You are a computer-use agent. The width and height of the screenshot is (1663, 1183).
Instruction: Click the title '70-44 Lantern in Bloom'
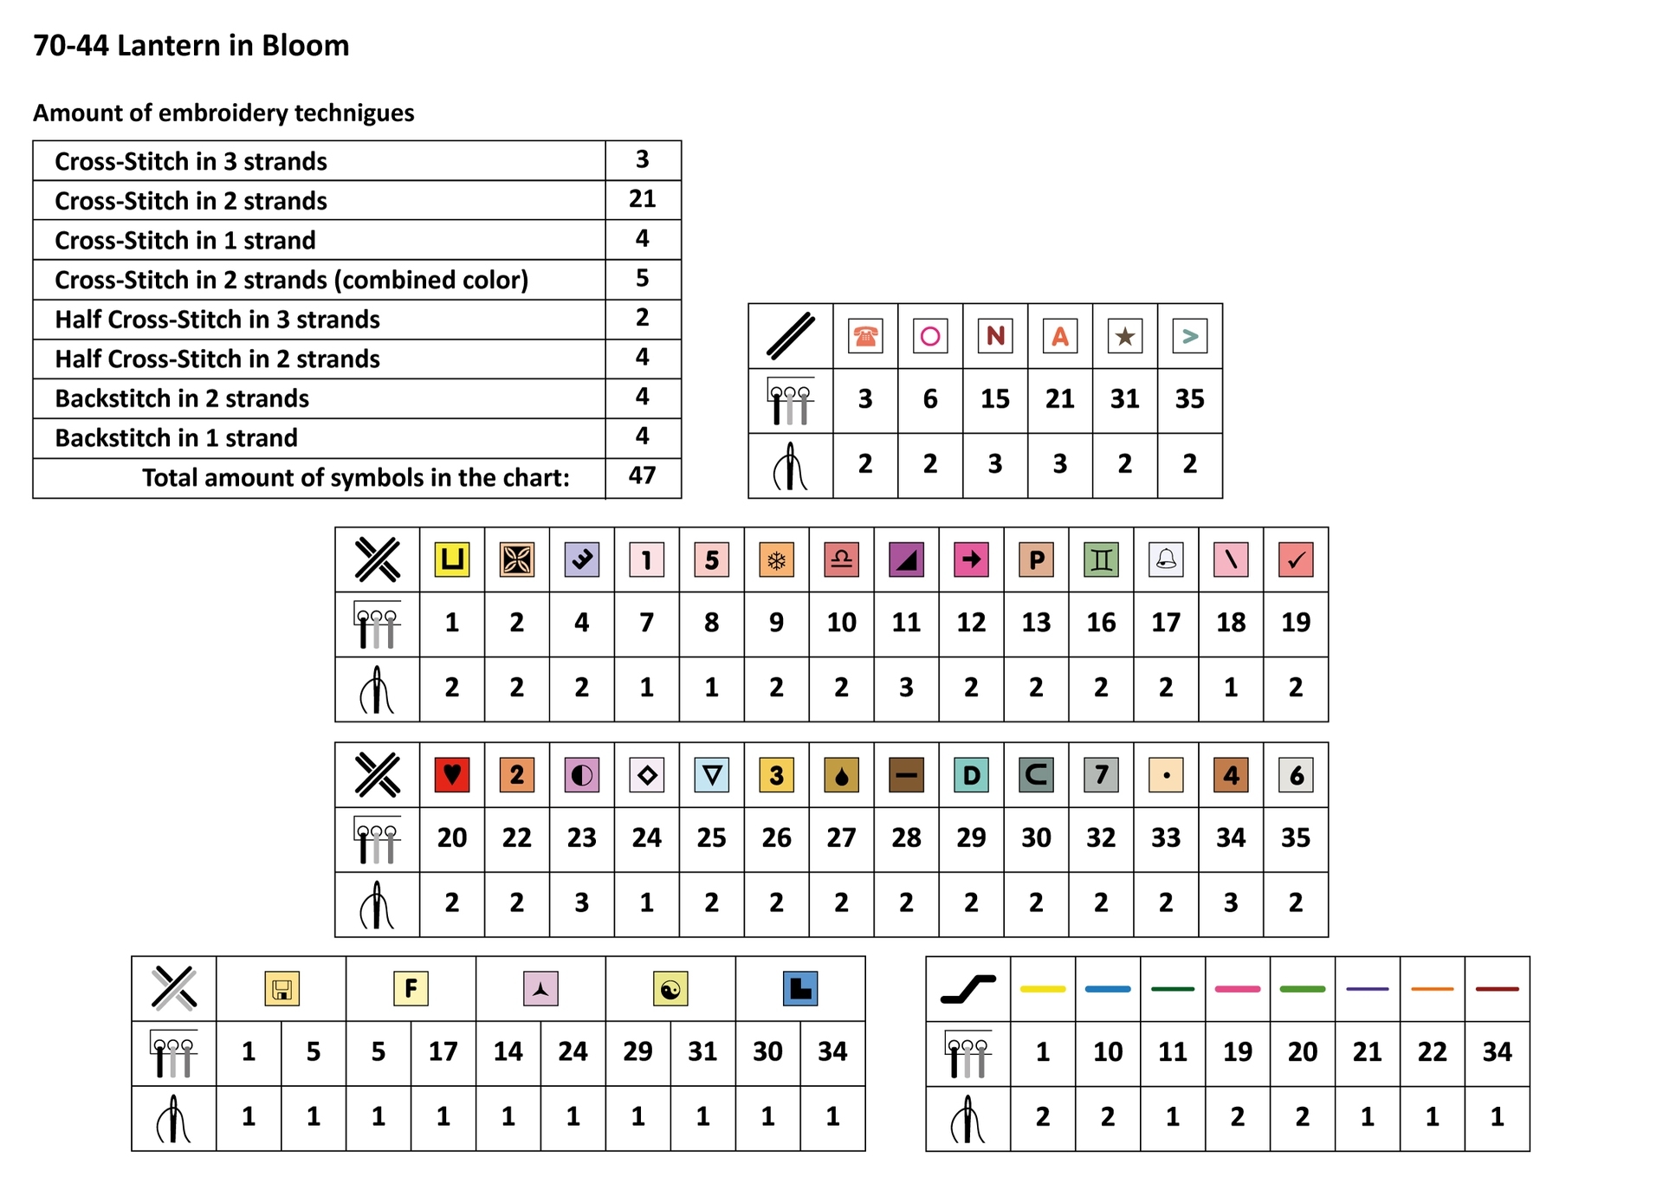coord(191,45)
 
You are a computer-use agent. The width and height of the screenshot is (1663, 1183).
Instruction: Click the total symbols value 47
coord(642,475)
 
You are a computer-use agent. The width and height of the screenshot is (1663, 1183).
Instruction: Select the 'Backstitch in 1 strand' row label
coord(176,438)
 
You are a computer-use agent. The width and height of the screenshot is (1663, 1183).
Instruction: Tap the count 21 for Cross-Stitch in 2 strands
coord(642,199)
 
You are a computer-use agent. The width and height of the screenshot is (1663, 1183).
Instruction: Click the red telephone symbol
coord(864,336)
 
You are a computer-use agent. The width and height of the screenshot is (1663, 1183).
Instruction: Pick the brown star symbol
coord(1124,336)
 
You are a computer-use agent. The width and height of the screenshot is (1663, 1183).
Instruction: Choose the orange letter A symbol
coord(1059,336)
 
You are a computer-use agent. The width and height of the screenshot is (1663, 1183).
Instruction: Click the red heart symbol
coord(451,774)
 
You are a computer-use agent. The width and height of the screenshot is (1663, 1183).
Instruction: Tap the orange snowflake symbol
coord(776,559)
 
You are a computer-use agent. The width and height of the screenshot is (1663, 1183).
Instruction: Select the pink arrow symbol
coord(971,559)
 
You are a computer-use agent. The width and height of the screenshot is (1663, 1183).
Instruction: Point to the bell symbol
coord(1166,559)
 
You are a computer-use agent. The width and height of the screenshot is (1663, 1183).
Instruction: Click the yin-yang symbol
coord(670,989)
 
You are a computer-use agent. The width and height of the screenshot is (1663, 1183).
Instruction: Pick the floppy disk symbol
coord(281,989)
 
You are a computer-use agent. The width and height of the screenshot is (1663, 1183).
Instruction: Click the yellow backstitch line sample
coord(1043,989)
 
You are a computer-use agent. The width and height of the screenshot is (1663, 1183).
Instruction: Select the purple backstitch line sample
coord(1368,989)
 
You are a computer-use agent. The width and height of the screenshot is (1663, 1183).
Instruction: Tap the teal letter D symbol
coord(971,774)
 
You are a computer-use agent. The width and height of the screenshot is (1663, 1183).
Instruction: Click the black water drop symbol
coord(841,774)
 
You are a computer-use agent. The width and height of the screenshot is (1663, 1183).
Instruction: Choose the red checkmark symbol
coord(1296,559)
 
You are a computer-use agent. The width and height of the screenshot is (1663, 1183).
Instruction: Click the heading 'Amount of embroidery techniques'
coord(223,113)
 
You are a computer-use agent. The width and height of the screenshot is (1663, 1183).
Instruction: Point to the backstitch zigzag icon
coord(968,989)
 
